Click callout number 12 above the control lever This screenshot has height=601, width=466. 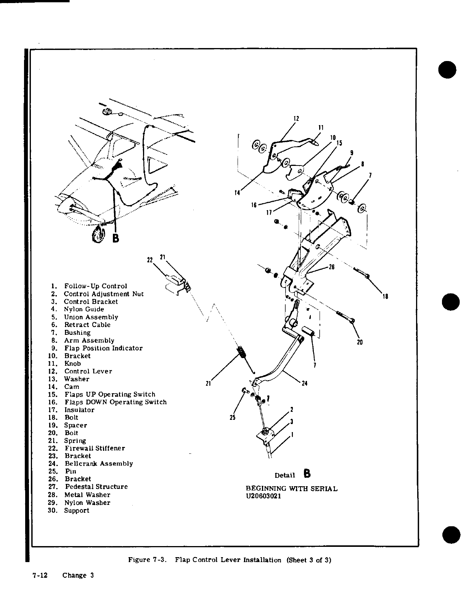click(296, 118)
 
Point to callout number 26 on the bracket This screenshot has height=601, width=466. click(331, 267)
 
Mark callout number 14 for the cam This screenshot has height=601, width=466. click(237, 193)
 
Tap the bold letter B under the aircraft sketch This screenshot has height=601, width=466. click(116, 239)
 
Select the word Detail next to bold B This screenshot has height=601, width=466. click(285, 475)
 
